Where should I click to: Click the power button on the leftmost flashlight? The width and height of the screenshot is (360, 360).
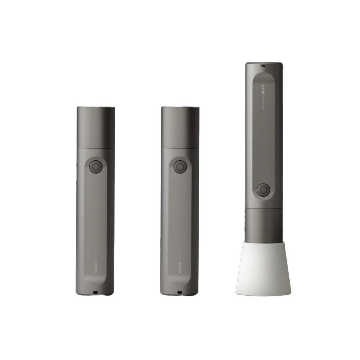96,167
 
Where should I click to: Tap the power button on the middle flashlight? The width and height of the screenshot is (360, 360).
180,167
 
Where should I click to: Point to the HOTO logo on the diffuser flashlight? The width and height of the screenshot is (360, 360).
263,88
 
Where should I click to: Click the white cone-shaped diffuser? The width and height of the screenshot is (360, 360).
263,270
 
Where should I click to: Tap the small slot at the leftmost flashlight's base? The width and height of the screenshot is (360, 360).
95,292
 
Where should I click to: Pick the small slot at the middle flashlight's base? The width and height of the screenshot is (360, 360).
180,292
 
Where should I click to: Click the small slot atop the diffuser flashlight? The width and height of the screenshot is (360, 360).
263,65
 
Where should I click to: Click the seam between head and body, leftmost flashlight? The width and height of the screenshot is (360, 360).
96,148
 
